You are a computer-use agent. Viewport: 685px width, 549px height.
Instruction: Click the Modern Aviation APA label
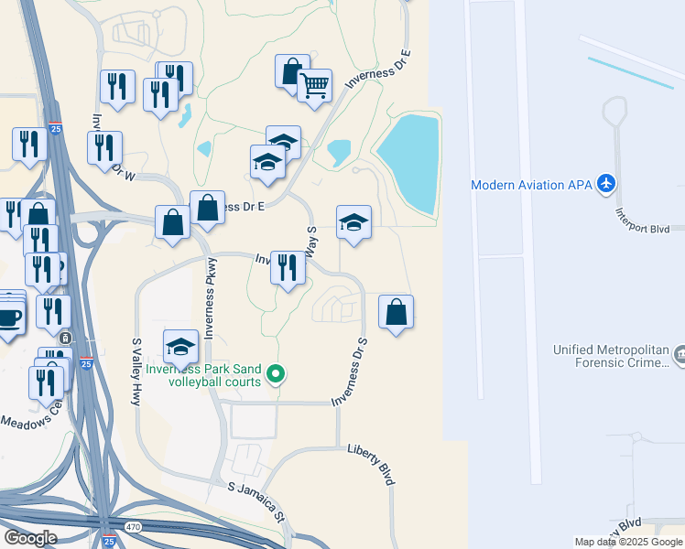click(531, 185)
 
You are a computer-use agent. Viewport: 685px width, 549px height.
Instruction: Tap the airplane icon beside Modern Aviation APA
click(604, 184)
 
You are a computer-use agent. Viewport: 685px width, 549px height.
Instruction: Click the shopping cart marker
click(314, 86)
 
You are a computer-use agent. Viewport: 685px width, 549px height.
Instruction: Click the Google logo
click(30, 537)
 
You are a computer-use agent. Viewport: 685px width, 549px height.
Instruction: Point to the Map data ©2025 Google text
click(627, 542)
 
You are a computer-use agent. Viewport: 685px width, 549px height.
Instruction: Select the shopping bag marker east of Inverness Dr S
click(395, 312)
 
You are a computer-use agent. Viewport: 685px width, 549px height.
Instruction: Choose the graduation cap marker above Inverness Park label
click(181, 346)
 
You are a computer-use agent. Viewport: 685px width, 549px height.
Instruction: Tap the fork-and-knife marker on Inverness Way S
click(288, 267)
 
